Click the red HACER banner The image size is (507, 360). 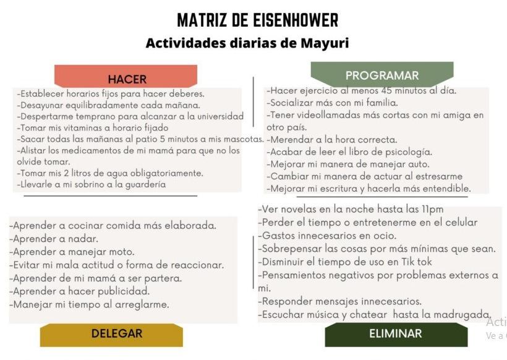pos(127,78)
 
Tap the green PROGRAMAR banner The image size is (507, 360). pos(381,75)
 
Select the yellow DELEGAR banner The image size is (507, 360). pos(116,334)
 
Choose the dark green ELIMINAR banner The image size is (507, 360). pos(395,334)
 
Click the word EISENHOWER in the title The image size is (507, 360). pos(296,20)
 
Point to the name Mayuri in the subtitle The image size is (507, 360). pos(326,43)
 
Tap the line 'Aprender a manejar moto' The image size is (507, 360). pos(72,252)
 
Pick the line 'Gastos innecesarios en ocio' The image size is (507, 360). pos(327,236)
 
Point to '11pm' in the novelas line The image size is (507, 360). pos(430,209)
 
